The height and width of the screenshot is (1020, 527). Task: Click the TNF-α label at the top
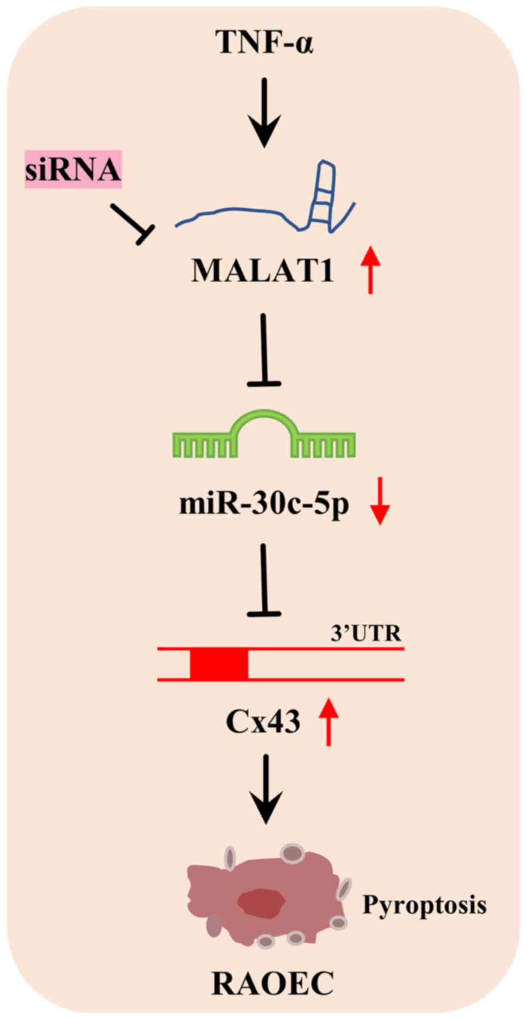click(x=265, y=42)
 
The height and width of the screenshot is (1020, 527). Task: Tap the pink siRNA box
click(x=73, y=169)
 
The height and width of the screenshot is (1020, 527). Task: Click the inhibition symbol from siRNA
click(x=132, y=223)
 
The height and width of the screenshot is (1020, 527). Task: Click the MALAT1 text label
click(x=262, y=270)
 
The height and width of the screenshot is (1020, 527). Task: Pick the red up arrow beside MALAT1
click(x=371, y=270)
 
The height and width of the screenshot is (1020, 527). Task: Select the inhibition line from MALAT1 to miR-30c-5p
click(x=264, y=351)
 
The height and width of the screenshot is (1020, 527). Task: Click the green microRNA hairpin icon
click(x=264, y=435)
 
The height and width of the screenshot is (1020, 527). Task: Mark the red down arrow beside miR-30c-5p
click(x=380, y=501)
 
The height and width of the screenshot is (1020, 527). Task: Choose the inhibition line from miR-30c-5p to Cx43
click(x=264, y=580)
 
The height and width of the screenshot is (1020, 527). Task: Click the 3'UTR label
click(x=365, y=633)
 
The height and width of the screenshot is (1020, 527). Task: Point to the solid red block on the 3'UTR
click(x=219, y=664)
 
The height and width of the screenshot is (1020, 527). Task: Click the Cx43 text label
click(x=263, y=722)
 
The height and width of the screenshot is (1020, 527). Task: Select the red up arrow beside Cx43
click(x=328, y=722)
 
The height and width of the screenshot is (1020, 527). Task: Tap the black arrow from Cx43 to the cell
click(x=265, y=789)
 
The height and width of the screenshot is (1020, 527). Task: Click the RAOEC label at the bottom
click(x=272, y=984)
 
